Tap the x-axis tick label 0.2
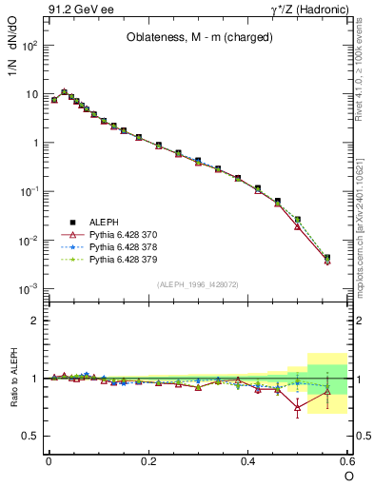click(148, 460)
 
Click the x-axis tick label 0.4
click(248, 460)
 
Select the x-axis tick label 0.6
click(347, 460)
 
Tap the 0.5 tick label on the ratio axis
click(30, 436)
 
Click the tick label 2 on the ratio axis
click(34, 321)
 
